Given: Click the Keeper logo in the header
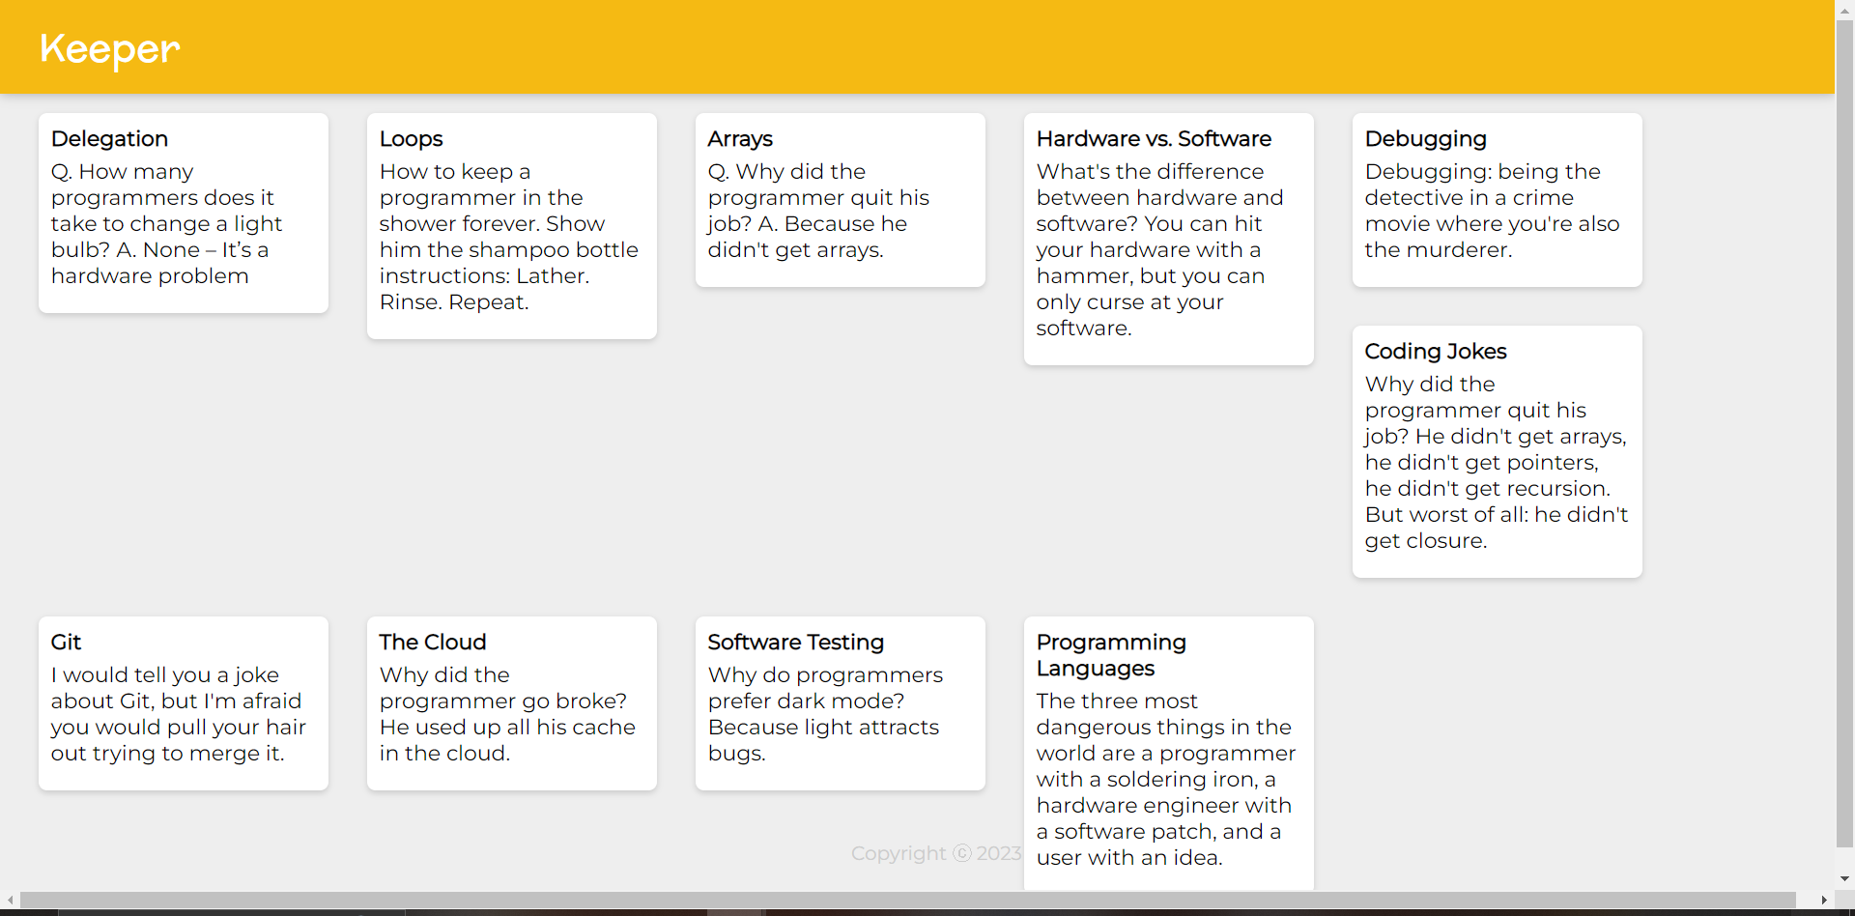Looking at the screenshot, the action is (110, 48).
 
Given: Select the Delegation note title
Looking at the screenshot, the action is (109, 139).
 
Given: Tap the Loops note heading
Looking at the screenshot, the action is (411, 139).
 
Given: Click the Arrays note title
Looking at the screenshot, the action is (740, 139).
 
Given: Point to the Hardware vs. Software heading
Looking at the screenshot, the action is (1154, 139).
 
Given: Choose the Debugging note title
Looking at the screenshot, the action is (1425, 139).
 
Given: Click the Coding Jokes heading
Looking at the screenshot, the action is (1436, 352).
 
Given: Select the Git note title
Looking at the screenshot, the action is (66, 643).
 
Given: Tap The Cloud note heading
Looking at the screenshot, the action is (432, 643).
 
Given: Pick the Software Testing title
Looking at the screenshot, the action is (795, 643).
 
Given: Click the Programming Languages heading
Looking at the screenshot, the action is (1111, 655).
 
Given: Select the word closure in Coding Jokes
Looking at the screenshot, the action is (1446, 541).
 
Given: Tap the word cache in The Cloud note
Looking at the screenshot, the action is (604, 728).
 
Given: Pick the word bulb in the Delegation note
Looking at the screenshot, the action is (81, 250).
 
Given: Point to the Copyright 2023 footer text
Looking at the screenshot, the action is (936, 853).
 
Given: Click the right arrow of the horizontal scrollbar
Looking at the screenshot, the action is (1823, 901).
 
